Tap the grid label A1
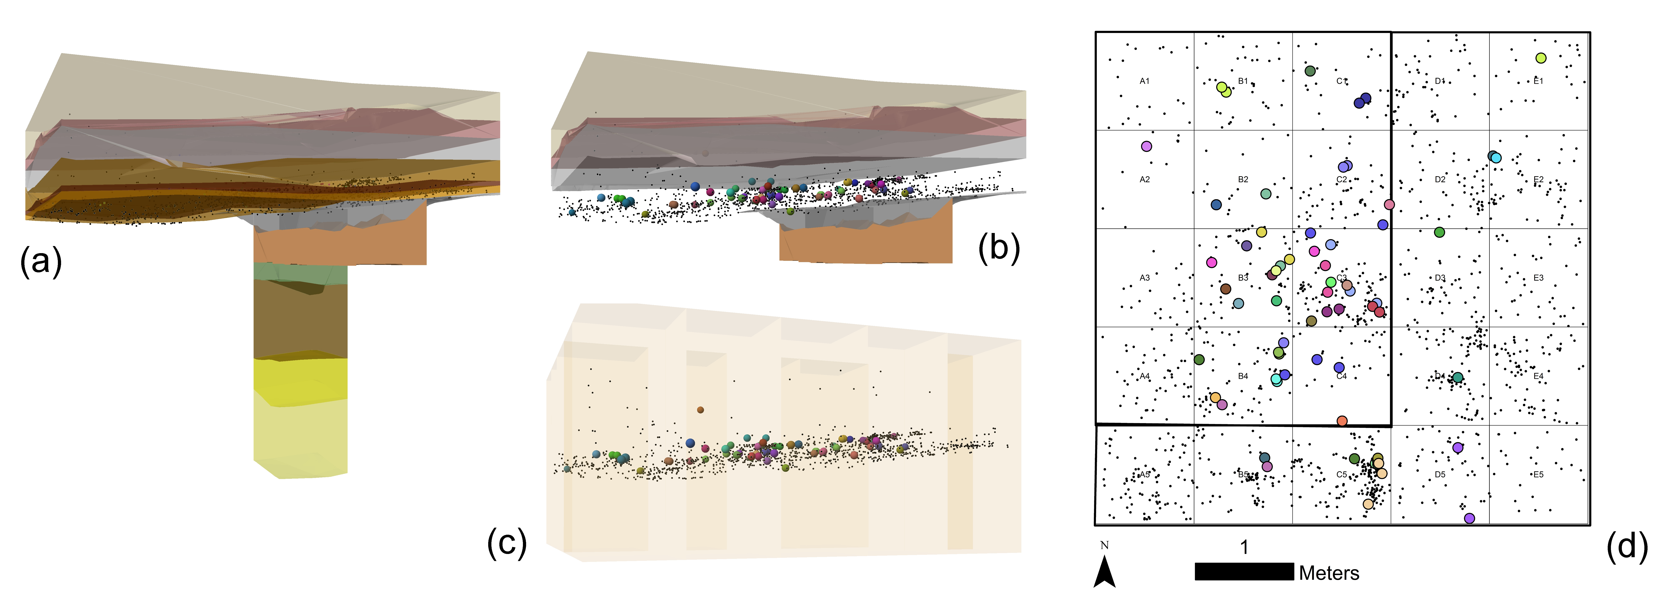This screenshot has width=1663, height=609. tap(1145, 81)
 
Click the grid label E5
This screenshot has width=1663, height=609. tap(1538, 475)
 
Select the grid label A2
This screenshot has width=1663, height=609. tap(1145, 179)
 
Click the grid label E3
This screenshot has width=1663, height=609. tap(1538, 278)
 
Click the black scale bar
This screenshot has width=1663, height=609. tap(1244, 572)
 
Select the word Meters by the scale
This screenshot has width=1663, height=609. tap(1329, 573)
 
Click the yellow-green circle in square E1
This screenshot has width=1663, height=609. tap(1541, 58)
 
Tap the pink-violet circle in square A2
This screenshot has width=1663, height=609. tap(1147, 146)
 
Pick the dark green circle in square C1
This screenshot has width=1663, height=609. tap(1310, 71)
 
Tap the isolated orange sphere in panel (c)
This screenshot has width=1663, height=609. tap(700, 410)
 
